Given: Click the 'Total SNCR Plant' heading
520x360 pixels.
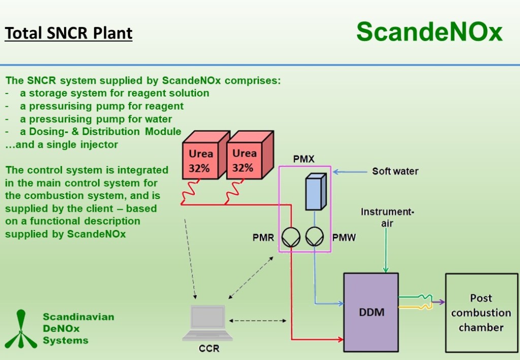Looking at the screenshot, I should coord(69,34).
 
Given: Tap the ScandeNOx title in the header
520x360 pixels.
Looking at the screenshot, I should coord(429,32).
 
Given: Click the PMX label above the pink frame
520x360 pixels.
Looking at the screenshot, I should coord(304,159).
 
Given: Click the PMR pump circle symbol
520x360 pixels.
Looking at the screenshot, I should coord(291,237).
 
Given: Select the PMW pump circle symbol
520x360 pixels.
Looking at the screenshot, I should coord(315,237).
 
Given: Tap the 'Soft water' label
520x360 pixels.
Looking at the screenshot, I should coord(395,172).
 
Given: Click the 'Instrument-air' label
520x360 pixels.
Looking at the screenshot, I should coord(387,217).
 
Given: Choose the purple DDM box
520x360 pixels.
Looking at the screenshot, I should coord(371,312).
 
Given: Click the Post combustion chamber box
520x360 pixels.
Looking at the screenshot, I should coord(481,313).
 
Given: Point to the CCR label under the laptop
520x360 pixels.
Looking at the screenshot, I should coord(209,349).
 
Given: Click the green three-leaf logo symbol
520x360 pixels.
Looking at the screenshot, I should coord(20,330).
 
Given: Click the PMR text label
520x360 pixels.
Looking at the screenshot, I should coord(264,238).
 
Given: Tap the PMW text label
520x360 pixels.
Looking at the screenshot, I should coord(343,238).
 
